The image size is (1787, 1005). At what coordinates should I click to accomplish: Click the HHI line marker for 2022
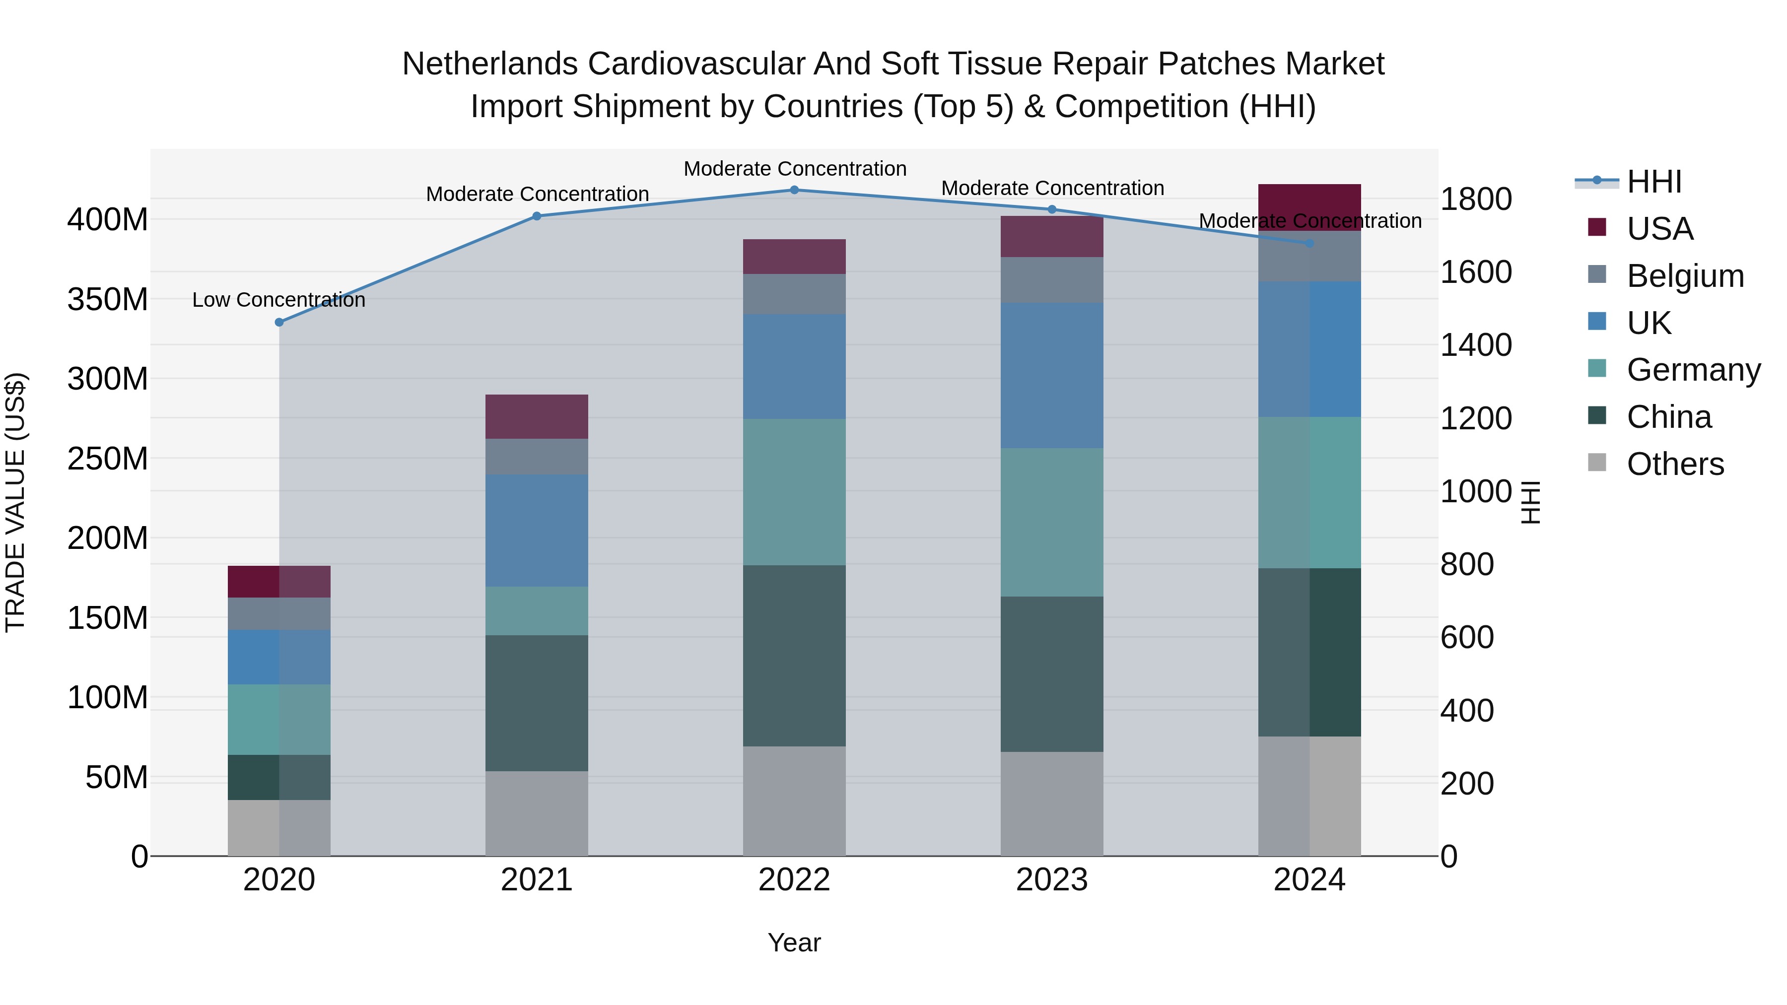tap(794, 190)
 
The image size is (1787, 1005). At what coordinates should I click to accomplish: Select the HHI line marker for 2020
tap(279, 323)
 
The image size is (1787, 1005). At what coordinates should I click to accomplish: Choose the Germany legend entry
tap(1693, 370)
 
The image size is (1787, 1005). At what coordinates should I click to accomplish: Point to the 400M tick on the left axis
tap(108, 220)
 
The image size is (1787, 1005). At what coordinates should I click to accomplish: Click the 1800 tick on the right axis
tap(1476, 200)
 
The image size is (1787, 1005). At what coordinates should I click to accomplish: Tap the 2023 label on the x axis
tap(1052, 880)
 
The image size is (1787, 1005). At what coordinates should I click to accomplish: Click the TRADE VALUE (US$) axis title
tap(16, 502)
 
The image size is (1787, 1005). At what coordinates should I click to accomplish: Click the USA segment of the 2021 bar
tap(536, 417)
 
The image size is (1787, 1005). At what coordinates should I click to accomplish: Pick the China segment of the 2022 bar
tap(794, 656)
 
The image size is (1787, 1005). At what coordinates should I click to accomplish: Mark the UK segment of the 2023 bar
tap(1052, 375)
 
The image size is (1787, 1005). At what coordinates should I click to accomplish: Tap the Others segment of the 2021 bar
tap(536, 813)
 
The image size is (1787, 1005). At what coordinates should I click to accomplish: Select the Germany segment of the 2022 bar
tap(794, 492)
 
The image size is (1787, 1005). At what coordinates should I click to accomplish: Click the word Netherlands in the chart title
tap(490, 65)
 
